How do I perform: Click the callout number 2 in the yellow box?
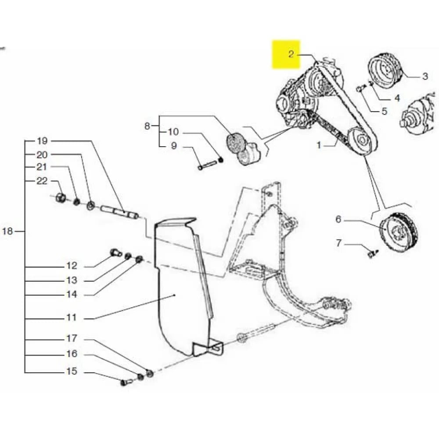291,54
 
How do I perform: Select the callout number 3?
425,76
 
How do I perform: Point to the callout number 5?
384,111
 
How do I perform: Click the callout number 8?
147,126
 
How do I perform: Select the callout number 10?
173,132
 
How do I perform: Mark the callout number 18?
8,231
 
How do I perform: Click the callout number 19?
42,141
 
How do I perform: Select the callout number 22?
42,181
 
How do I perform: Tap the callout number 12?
72,266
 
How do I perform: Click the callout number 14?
72,295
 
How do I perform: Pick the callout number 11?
72,317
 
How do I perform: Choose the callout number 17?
72,338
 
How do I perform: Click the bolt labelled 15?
124,382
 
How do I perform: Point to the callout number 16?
72,354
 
